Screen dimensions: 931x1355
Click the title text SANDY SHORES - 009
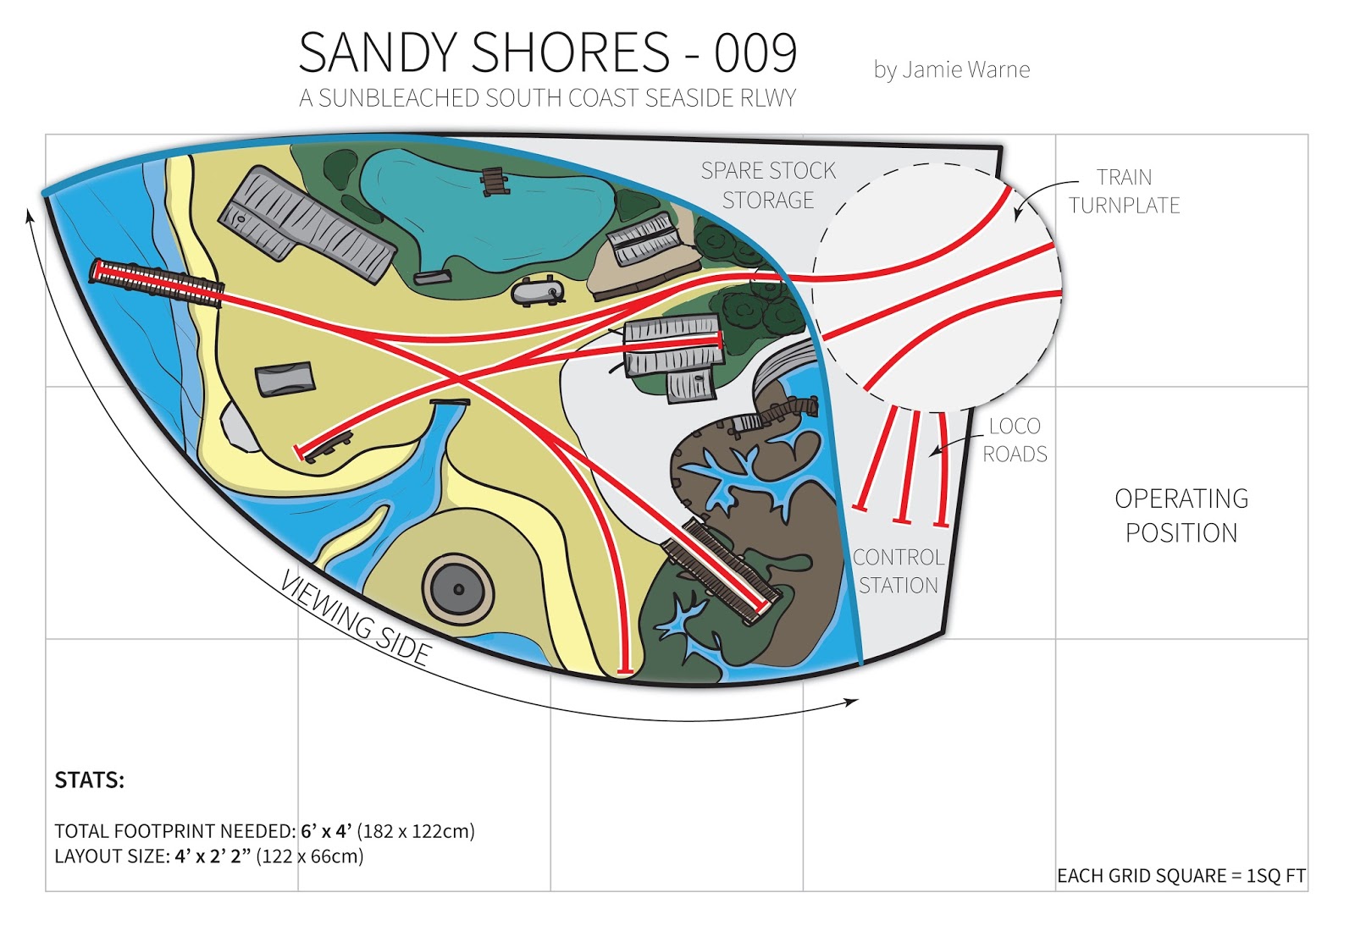click(548, 52)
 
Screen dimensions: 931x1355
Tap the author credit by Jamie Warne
click(951, 69)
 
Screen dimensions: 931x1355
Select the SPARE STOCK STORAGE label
click(768, 185)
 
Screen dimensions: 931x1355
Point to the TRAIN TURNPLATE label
click(1124, 191)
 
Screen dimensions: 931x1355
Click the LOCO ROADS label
click(1015, 440)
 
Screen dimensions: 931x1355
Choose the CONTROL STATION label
click(898, 571)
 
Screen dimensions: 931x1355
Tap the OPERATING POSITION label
click(1181, 515)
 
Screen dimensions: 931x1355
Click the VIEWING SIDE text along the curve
click(356, 619)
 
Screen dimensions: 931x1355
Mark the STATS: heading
click(89, 780)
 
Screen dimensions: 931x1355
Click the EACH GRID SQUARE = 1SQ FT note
click(1181, 876)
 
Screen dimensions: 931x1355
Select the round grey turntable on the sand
click(458, 589)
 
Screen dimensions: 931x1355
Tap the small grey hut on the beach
click(285, 378)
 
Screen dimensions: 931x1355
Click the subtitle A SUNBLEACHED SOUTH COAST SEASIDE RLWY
click(547, 98)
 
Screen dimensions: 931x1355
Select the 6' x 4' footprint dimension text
click(326, 831)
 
